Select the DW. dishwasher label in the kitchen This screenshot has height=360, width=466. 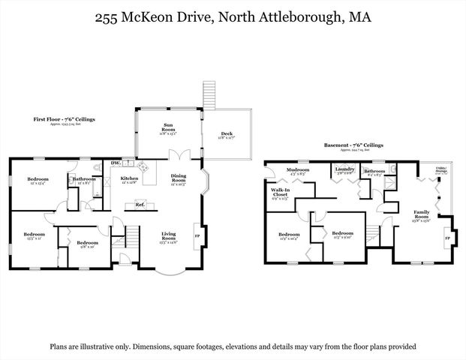click(x=116, y=163)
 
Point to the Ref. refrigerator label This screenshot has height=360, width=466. click(x=140, y=204)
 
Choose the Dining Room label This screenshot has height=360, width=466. click(x=178, y=180)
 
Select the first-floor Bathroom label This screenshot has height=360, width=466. click(x=83, y=180)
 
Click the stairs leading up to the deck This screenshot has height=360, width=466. click(x=209, y=94)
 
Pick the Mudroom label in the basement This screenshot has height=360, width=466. click(x=299, y=171)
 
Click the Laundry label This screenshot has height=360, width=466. click(x=344, y=170)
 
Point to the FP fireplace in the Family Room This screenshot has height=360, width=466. click(x=448, y=237)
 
